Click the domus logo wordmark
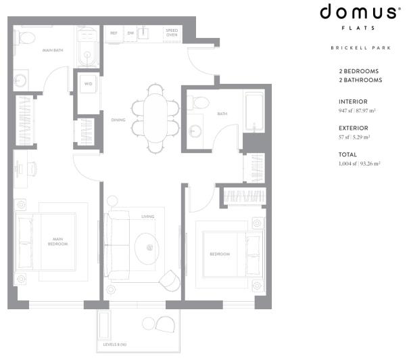coord(358,12)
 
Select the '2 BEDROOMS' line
coord(358,71)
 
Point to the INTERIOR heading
coord(352,102)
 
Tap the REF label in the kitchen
coord(114,32)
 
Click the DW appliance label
coord(130,32)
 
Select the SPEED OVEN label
coord(172,33)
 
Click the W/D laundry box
coord(89,84)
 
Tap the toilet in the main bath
coord(26,38)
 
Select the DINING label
coord(119,120)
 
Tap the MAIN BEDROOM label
coord(56,241)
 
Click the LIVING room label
coord(147,217)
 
